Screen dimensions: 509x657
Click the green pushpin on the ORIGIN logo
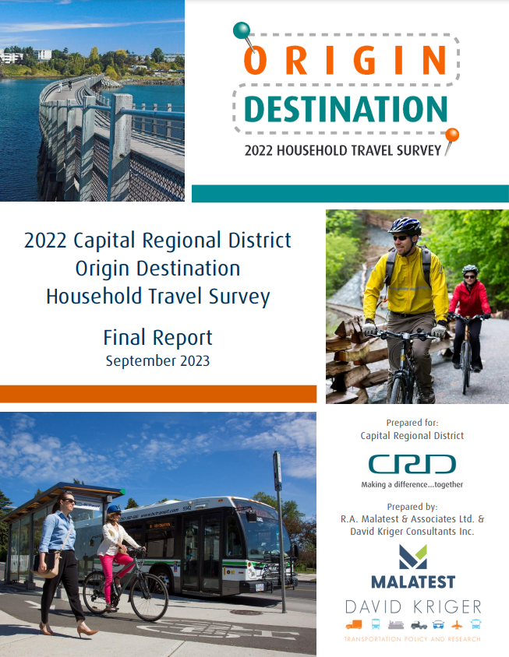[x=242, y=30]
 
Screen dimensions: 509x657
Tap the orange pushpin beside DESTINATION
[x=452, y=135]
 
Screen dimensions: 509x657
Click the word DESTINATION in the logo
[x=346, y=109]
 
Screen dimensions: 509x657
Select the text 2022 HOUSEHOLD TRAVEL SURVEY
[x=343, y=150]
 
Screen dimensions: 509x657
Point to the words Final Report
[x=157, y=338]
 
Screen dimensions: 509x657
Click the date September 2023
[x=157, y=360]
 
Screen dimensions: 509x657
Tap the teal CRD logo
[x=412, y=464]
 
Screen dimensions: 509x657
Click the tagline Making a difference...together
[x=412, y=484]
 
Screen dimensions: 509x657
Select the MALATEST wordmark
[x=413, y=581]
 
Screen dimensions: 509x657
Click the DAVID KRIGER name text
[x=413, y=606]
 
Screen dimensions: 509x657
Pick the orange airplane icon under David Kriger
[x=457, y=625]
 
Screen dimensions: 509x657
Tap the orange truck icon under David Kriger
[x=354, y=625]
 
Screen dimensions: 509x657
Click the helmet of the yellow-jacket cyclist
[x=405, y=226]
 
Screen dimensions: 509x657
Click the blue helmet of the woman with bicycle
[x=114, y=509]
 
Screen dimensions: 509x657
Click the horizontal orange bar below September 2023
[x=158, y=395]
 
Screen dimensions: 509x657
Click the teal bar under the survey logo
[x=351, y=194]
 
